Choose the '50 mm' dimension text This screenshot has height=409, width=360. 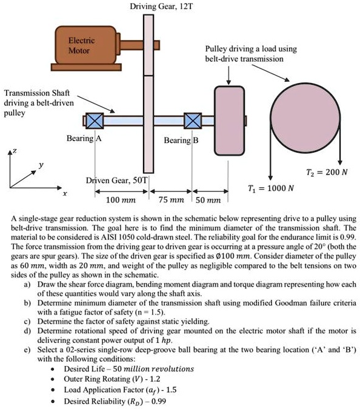[210, 199]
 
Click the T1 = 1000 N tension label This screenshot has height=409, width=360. [271, 187]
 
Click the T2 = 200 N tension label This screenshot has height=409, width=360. [325, 172]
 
